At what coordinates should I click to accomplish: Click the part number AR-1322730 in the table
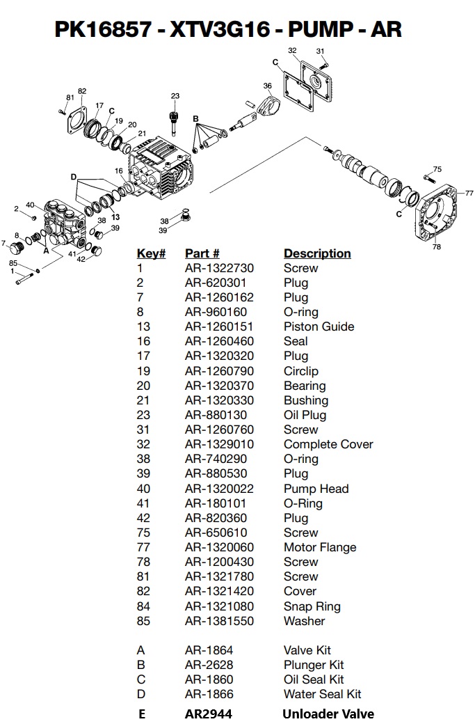pos(219,268)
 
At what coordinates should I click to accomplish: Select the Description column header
pos(316,253)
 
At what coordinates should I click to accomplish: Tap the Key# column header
pos(151,253)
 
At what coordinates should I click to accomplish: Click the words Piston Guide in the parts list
pos(319,326)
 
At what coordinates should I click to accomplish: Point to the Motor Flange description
pos(319,547)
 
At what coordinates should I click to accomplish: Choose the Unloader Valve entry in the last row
pos(328,714)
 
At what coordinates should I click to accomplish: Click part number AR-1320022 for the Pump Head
pos(219,489)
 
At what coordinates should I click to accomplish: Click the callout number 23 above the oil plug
pos(175,96)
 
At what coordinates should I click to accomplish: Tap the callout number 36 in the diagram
pos(267,86)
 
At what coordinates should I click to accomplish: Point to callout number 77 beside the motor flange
pos(469,193)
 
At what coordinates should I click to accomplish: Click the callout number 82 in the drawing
pos(82,91)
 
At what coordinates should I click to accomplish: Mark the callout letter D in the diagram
pos(73,177)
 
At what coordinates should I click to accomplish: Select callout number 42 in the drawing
pos(81,260)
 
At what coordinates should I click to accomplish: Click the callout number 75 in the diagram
pos(437,169)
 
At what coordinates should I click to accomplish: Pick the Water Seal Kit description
pos(322,694)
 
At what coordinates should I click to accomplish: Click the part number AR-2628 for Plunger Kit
pos(209,665)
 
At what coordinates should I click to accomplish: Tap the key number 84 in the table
pos(143,606)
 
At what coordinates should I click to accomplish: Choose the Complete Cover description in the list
pos(328,444)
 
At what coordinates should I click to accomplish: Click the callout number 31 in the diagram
pos(320,51)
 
